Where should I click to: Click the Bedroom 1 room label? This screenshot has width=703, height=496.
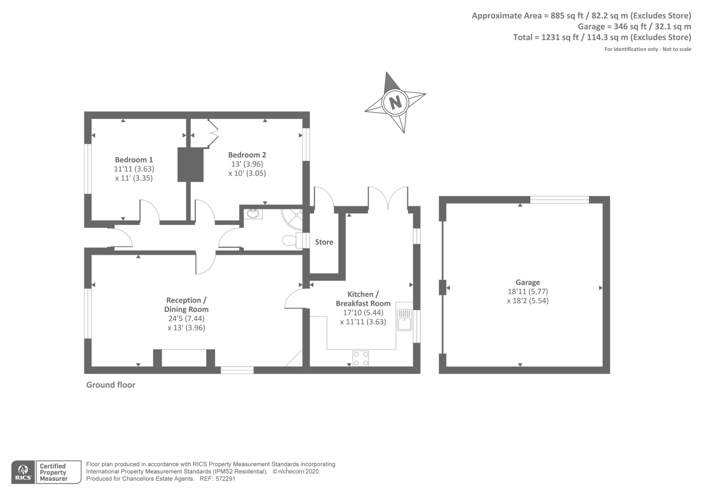(134, 160)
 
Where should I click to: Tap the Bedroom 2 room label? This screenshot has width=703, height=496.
(247, 155)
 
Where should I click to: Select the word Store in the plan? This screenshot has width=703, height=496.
(324, 242)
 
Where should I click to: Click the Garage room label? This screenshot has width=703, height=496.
(528, 282)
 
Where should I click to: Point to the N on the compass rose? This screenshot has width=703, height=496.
(395, 102)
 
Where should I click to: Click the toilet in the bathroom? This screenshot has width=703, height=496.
(290, 240)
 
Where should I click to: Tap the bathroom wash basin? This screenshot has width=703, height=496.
(253, 214)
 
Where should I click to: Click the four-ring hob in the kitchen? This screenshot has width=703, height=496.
(361, 358)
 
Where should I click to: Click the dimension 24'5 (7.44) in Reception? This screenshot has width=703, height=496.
(186, 318)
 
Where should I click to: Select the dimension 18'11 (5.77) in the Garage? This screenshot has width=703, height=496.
(528, 291)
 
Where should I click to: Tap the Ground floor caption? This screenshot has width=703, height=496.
(111, 385)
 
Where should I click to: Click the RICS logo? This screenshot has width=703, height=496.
(23, 472)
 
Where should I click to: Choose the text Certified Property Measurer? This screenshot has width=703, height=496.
(53, 472)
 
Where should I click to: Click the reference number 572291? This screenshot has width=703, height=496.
(225, 479)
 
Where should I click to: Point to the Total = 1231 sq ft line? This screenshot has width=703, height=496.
(602, 37)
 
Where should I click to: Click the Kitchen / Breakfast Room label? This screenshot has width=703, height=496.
(363, 299)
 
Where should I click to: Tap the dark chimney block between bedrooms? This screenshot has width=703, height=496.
(190, 165)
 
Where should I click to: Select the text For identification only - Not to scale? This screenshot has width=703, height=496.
(647, 49)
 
